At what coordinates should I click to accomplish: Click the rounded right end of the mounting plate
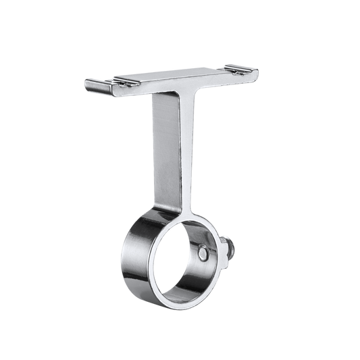pyautogui.click(x=257, y=68)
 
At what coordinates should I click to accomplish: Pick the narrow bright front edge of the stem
pyautogui.click(x=187, y=149)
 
